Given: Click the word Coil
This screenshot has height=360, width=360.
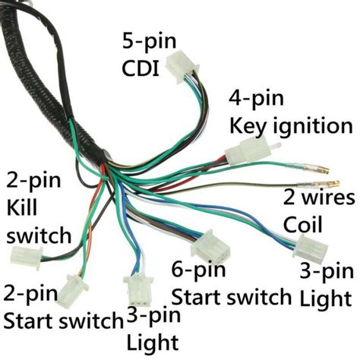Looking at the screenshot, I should pyautogui.click(x=302, y=225).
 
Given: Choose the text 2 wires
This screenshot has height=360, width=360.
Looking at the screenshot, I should pyautogui.click(x=318, y=199).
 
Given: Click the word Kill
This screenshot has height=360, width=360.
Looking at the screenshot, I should pyautogui.click(x=22, y=207).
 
